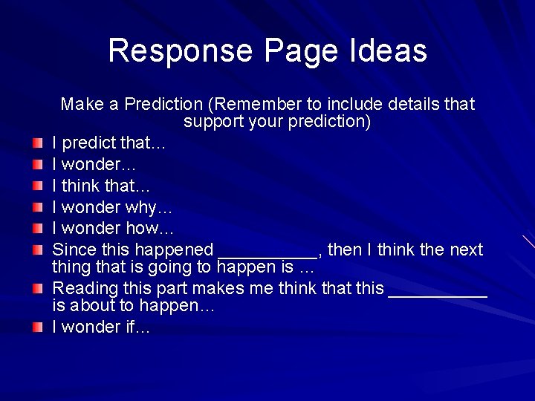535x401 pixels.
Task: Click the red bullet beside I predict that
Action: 37,142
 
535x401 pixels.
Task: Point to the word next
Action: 466,250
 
